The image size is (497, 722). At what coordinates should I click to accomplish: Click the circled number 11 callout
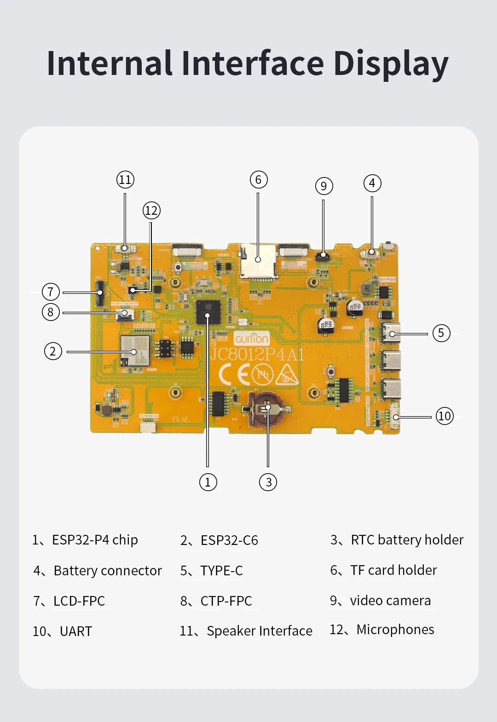pyautogui.click(x=125, y=179)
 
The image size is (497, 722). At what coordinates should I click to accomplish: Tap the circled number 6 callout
pyautogui.click(x=258, y=180)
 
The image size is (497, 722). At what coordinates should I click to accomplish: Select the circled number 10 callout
pyautogui.click(x=445, y=416)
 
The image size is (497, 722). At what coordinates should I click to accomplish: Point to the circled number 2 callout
pyautogui.click(x=53, y=351)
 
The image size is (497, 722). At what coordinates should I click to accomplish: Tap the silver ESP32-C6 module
pyautogui.click(x=135, y=350)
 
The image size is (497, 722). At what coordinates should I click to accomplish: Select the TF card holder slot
pyautogui.click(x=258, y=261)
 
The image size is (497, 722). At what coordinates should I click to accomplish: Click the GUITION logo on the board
pyautogui.click(x=251, y=339)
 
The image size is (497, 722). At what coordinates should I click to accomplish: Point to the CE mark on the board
pyautogui.click(x=233, y=374)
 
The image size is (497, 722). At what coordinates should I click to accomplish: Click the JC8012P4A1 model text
pyautogui.click(x=257, y=355)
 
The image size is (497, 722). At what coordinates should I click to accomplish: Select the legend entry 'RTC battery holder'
pyautogui.click(x=407, y=539)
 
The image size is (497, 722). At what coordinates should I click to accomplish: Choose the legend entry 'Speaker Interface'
pyautogui.click(x=259, y=630)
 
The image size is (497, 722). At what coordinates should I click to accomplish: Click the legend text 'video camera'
pyautogui.click(x=390, y=601)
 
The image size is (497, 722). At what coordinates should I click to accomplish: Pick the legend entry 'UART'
pyautogui.click(x=76, y=631)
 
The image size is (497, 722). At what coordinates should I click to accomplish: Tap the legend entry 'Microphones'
pyautogui.click(x=395, y=630)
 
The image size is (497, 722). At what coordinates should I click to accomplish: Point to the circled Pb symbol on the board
pyautogui.click(x=262, y=374)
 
